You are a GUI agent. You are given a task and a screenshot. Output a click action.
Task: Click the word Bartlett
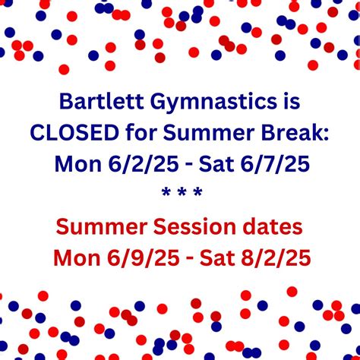pos(95,101)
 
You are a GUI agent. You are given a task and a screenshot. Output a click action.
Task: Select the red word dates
pos(270,226)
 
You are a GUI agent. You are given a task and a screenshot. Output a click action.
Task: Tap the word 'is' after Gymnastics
pos(283,101)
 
